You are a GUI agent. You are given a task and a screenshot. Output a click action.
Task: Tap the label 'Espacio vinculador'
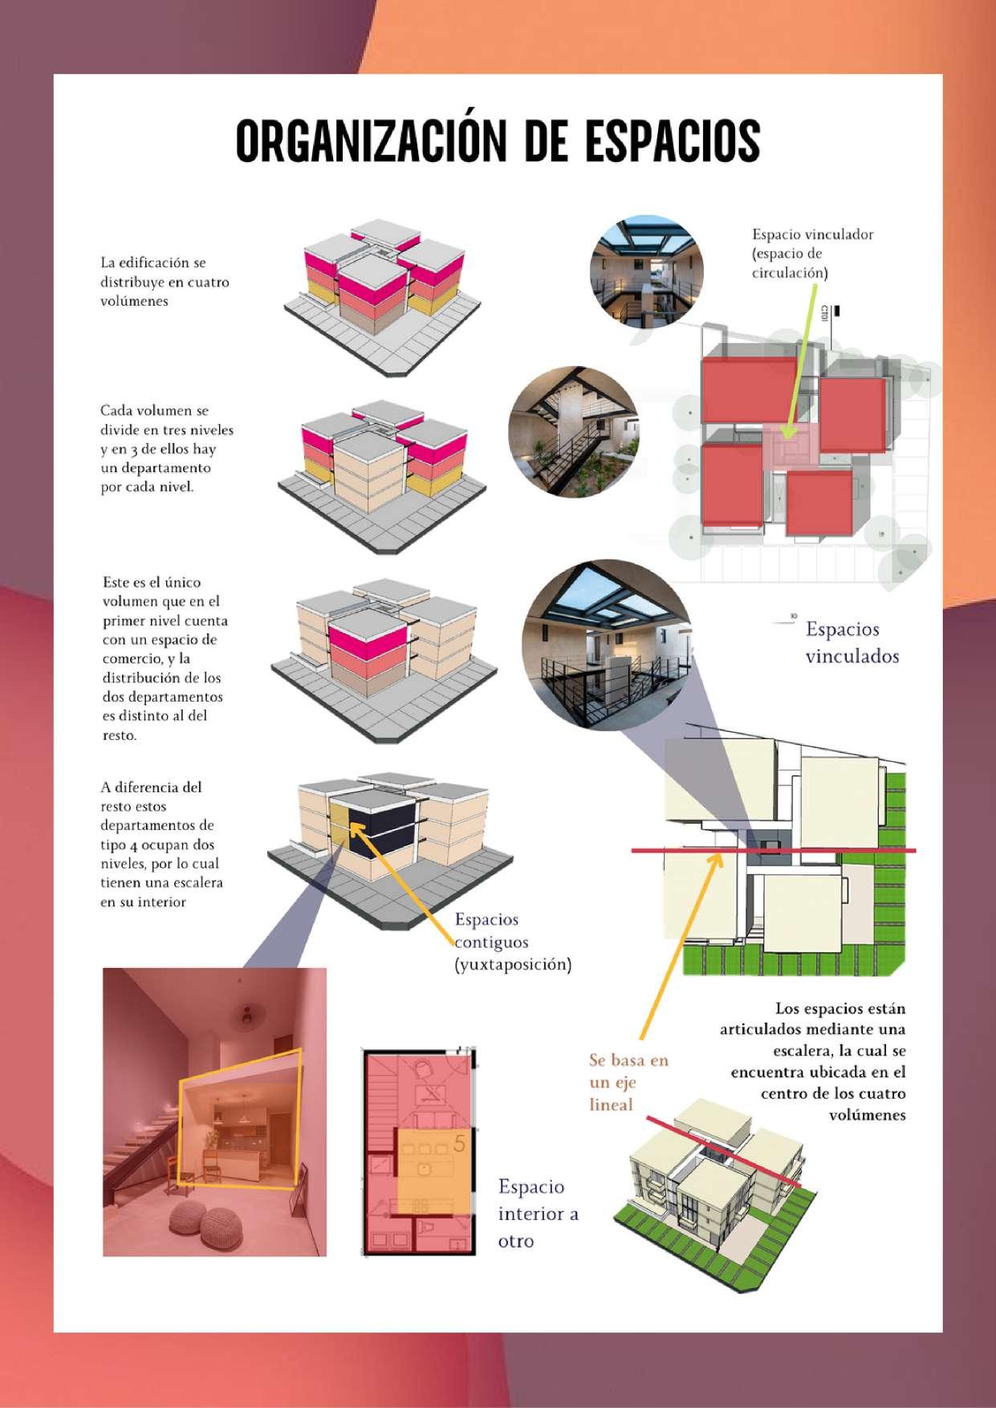point(812,234)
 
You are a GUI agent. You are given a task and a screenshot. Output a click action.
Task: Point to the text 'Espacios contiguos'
point(487,931)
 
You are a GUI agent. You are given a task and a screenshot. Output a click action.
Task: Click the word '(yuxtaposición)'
point(513,965)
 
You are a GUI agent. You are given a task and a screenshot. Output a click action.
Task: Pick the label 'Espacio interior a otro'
point(537,1213)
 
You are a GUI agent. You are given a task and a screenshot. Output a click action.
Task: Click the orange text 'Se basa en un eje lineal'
point(628,1082)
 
